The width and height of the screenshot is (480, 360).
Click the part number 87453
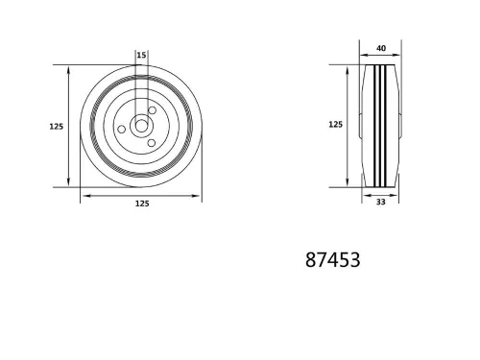pos(332,259)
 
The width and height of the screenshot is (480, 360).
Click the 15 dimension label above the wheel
pos(141,56)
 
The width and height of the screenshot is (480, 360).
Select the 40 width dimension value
pos(381,48)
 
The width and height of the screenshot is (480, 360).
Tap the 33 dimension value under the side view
pos(381,203)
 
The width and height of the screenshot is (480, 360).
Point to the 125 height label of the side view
pos(335,125)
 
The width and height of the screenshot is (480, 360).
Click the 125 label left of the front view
pos(56,125)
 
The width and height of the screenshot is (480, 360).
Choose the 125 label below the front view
pos(141,204)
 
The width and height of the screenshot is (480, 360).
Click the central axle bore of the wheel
pos(141,126)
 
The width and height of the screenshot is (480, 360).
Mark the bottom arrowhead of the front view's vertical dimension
pos(69,183)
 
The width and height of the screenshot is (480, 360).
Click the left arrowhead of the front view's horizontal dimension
pos(84,196)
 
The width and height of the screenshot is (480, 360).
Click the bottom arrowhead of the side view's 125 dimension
pos(348,183)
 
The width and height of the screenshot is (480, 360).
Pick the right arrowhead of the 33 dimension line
pos(395,195)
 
